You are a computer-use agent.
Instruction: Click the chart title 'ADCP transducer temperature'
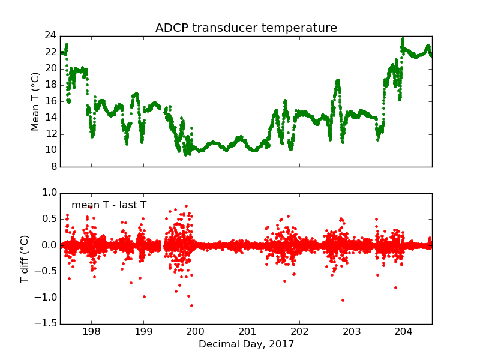click(x=246, y=28)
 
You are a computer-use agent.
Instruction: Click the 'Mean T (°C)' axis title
click(x=35, y=101)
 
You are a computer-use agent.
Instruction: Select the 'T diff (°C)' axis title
click(x=25, y=259)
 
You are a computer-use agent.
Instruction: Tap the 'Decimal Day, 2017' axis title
click(x=246, y=344)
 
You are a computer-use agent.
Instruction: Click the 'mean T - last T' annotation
click(x=109, y=205)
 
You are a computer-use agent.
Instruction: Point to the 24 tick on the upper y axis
click(x=50, y=35)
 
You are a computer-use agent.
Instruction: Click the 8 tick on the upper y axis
click(x=53, y=167)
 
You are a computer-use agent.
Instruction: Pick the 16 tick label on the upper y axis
click(x=50, y=101)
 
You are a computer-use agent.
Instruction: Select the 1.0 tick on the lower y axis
click(x=50, y=193)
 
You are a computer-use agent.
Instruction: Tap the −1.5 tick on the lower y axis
click(x=47, y=324)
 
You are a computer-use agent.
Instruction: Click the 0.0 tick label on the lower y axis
click(x=50, y=245)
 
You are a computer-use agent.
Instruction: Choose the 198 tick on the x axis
click(x=91, y=332)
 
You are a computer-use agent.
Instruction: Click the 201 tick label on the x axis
click(x=248, y=332)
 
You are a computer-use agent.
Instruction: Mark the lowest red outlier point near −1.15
click(x=191, y=305)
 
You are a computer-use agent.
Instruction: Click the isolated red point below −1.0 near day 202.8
click(x=343, y=300)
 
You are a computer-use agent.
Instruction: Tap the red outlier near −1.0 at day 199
click(x=144, y=296)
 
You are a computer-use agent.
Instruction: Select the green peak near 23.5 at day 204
click(x=403, y=39)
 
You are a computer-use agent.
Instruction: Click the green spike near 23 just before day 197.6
click(x=67, y=44)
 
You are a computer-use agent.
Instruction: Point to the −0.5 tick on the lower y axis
click(x=47, y=272)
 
